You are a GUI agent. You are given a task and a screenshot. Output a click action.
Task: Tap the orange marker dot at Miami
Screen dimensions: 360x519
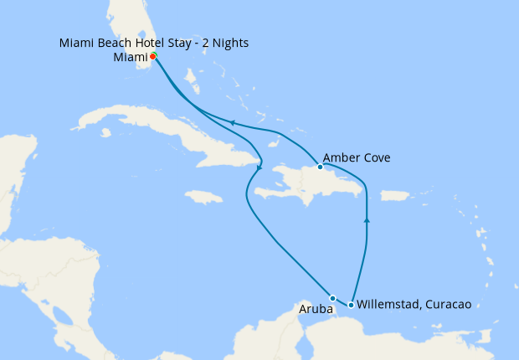click(153, 56)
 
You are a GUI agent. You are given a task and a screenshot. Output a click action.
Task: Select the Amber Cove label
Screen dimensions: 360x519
click(356, 157)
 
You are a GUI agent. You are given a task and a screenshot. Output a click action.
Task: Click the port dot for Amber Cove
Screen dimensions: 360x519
click(320, 167)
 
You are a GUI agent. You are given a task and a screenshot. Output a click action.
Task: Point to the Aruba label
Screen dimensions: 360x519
click(316, 310)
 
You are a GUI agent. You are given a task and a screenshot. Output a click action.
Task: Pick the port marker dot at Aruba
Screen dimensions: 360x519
click(332, 298)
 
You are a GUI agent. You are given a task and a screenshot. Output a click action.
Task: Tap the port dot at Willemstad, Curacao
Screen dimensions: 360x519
click(351, 305)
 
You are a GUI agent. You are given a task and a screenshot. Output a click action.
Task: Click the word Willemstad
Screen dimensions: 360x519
click(389, 305)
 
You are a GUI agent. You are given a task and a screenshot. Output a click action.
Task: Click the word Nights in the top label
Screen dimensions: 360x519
click(230, 43)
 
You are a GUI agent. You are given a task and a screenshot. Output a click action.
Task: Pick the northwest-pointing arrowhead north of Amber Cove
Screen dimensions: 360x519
click(232, 124)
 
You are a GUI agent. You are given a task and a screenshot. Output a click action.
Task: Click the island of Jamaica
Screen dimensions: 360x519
click(204, 197)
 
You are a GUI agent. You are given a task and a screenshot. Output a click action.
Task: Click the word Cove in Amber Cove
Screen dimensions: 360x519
click(378, 157)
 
